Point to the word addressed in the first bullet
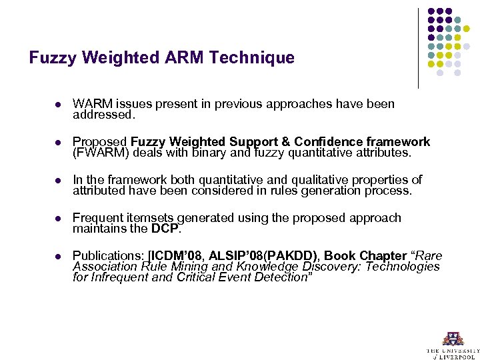(x=103, y=115)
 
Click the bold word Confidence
(x=325, y=142)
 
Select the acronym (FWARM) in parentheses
(x=99, y=153)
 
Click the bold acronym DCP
(x=165, y=229)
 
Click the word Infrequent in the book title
(x=122, y=277)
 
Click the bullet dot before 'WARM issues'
(x=58, y=105)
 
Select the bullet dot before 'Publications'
(x=58, y=257)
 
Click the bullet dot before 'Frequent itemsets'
(x=58, y=219)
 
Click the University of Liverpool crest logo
(x=453, y=338)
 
